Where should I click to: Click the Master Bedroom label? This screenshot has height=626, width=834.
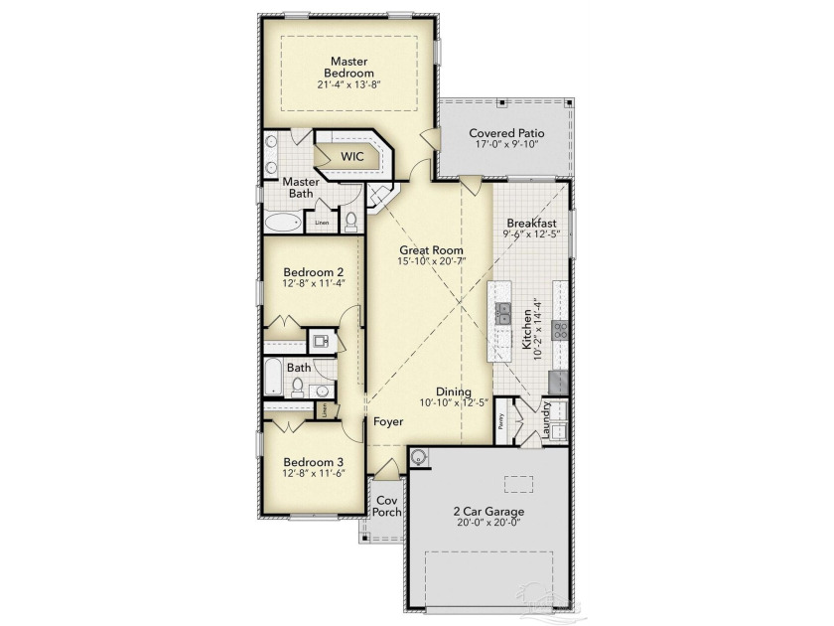pyautogui.click(x=352, y=67)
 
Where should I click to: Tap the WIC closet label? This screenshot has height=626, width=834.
pyautogui.click(x=352, y=157)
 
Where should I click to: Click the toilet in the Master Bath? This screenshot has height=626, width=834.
pyautogui.click(x=349, y=222)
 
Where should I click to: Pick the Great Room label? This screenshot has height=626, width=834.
pyautogui.click(x=432, y=249)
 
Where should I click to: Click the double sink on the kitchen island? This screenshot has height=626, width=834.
pyautogui.click(x=504, y=315)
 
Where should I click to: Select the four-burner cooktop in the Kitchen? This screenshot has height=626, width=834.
pyautogui.click(x=560, y=330)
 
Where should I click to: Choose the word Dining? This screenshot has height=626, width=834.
pyautogui.click(x=453, y=391)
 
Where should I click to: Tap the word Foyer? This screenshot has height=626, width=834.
pyautogui.click(x=388, y=422)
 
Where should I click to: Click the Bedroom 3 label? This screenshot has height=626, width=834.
pyautogui.click(x=313, y=462)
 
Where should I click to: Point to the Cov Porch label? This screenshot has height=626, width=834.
pyautogui.click(x=386, y=506)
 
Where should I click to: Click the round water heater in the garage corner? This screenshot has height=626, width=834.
pyautogui.click(x=421, y=458)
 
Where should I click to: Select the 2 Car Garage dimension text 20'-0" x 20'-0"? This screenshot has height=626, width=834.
pyautogui.click(x=488, y=525)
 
